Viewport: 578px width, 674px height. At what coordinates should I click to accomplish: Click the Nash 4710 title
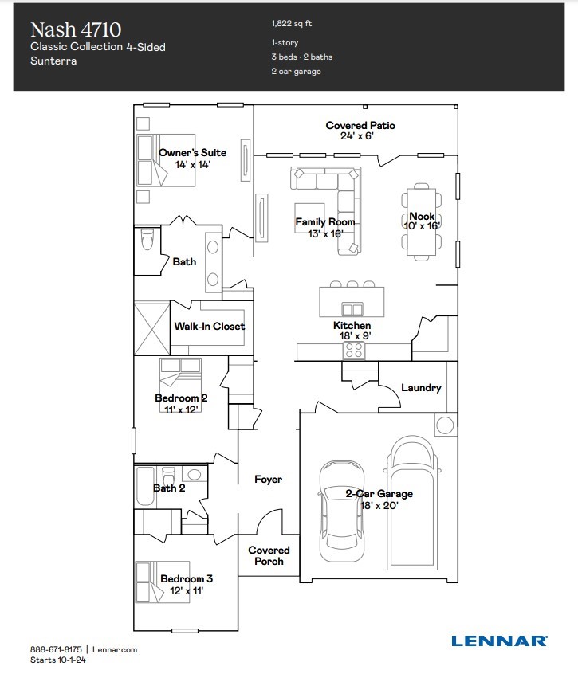76,30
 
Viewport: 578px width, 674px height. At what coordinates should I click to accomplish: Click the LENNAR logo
498,640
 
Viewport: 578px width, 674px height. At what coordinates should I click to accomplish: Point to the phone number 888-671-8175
55,650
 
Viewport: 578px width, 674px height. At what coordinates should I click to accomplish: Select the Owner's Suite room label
192,152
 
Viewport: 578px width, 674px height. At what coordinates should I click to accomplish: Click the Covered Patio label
360,126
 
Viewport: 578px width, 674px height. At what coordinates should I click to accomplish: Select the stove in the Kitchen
354,350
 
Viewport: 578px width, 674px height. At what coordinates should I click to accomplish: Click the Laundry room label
421,388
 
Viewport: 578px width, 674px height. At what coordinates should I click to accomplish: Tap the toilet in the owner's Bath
146,240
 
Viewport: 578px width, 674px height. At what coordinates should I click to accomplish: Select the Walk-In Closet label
210,326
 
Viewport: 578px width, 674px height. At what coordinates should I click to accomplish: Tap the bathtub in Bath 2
145,486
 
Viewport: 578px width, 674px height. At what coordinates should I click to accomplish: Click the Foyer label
268,480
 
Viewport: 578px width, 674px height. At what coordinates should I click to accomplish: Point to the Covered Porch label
269,555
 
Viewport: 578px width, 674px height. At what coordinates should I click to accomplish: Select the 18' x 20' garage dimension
379,505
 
